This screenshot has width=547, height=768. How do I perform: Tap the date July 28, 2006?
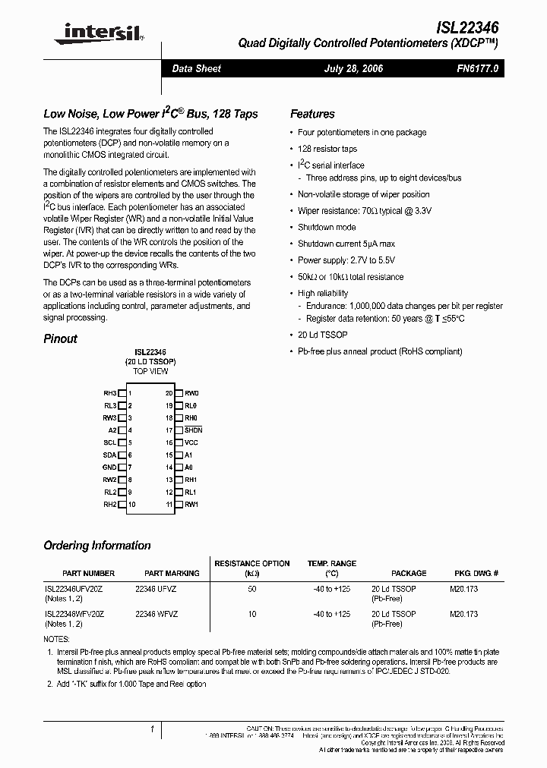353,68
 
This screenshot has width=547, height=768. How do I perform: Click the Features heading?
312,114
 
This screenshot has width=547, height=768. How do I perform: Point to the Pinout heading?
61,338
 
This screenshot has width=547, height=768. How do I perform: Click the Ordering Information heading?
97,546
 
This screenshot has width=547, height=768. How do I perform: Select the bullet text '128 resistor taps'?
327,149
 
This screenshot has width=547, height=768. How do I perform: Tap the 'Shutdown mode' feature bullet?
327,227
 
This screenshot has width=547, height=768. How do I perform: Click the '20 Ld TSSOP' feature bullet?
323,335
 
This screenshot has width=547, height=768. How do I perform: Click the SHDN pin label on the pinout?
193,430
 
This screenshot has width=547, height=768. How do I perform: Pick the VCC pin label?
191,442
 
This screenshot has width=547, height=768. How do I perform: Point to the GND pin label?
109,467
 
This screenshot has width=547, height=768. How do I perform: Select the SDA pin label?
109,455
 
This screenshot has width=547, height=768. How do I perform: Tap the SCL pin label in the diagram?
109,442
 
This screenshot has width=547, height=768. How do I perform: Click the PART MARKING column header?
172,574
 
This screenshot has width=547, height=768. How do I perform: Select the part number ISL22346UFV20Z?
74,589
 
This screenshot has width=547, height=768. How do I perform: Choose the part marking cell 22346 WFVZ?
157,614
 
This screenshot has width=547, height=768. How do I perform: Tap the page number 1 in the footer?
153,729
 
